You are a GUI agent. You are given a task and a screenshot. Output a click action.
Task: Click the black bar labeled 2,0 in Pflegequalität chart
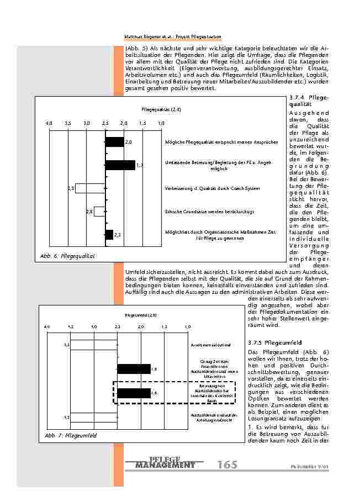click(114, 142)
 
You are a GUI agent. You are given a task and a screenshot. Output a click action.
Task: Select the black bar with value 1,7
click(120, 165)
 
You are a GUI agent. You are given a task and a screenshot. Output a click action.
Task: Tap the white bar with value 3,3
click(90, 188)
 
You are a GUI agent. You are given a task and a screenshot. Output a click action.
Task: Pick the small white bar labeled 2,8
click(99, 211)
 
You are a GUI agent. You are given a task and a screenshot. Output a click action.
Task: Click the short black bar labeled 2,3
click(109, 235)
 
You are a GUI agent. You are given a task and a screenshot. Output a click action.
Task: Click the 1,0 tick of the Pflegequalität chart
click(161, 122)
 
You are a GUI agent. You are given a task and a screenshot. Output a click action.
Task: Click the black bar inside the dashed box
click(134, 393)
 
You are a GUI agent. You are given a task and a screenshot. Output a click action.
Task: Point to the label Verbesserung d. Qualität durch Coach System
click(212, 188)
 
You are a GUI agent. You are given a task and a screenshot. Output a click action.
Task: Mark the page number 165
click(227, 465)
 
